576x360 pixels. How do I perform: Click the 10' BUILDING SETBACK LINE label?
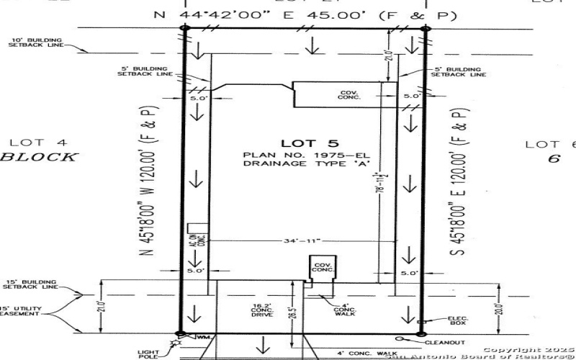35,42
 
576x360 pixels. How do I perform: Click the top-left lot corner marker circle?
184,28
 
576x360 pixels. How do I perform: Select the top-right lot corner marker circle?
425,29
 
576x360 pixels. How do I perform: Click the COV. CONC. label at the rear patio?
348,95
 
